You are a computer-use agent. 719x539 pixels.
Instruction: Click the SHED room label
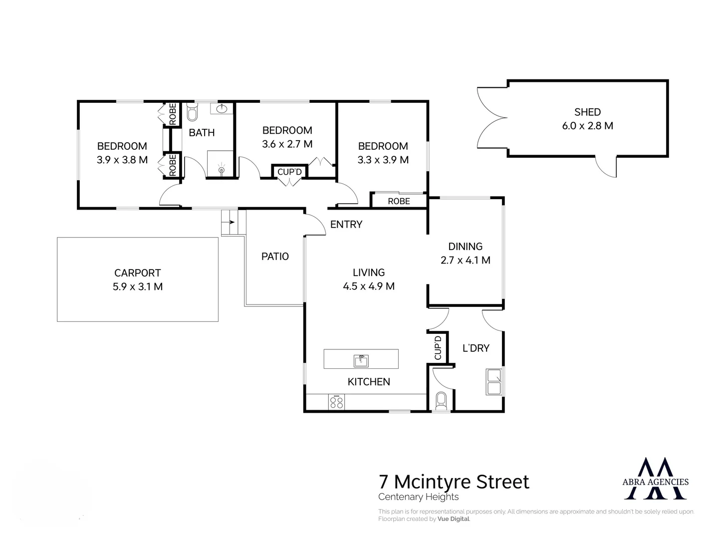pyautogui.click(x=587, y=112)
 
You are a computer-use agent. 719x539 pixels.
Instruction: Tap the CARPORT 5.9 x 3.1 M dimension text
pyautogui.click(x=138, y=287)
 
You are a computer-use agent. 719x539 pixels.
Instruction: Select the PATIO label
pyautogui.click(x=275, y=257)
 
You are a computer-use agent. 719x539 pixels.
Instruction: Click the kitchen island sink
pyautogui.click(x=361, y=359)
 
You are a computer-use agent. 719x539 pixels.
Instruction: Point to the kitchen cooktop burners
pyautogui.click(x=337, y=402)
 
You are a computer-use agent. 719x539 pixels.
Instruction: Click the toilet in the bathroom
pyautogui.click(x=192, y=113)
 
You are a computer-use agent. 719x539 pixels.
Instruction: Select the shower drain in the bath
pyautogui.click(x=222, y=170)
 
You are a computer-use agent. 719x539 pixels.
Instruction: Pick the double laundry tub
pyautogui.click(x=494, y=382)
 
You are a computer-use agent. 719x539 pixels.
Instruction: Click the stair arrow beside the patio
pyautogui.click(x=231, y=221)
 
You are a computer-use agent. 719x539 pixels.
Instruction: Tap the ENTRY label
pyautogui.click(x=346, y=225)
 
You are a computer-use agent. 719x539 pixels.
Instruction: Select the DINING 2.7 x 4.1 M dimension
pyautogui.click(x=465, y=261)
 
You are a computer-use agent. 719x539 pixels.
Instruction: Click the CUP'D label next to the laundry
pyautogui.click(x=438, y=347)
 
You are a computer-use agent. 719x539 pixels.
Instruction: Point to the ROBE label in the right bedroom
pyautogui.click(x=399, y=201)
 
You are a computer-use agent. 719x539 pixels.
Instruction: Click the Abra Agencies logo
pyautogui.click(x=656, y=479)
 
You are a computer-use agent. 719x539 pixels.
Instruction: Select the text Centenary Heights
pyautogui.click(x=418, y=497)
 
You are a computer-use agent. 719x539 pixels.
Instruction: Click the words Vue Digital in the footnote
pyautogui.click(x=454, y=519)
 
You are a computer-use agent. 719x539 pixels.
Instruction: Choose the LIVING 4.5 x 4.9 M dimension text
pyautogui.click(x=369, y=286)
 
